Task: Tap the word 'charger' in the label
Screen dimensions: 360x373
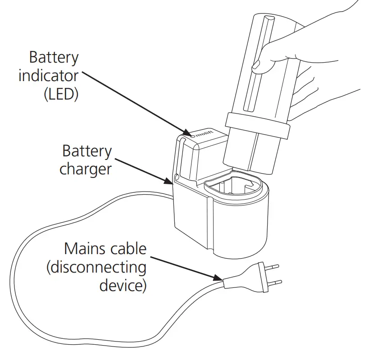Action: tap(85, 169)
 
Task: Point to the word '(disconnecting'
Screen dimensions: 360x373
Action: tap(96, 268)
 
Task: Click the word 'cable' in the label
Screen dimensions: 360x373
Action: tap(129, 249)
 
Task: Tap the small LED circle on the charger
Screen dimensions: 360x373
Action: tap(192, 135)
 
